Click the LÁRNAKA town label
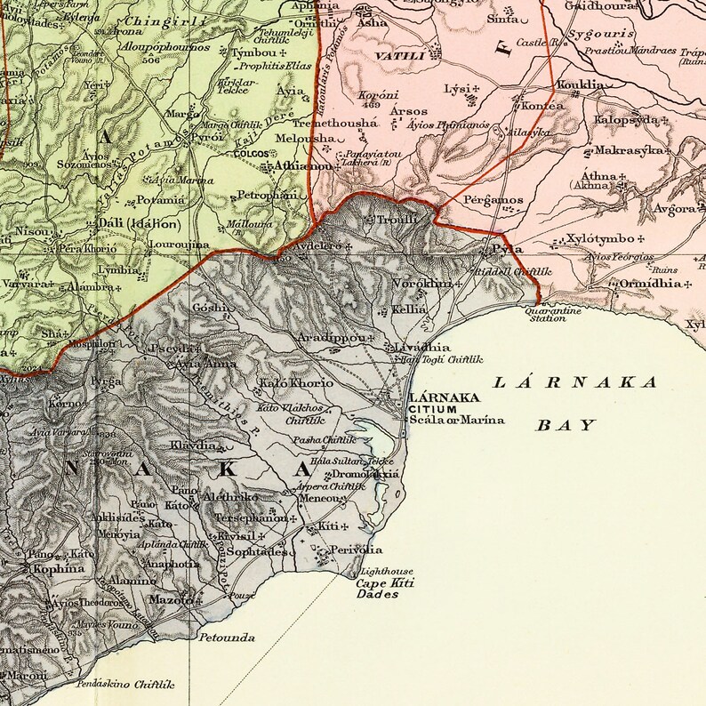pyautogui.click(x=441, y=397)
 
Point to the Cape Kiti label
pyautogui.click(x=385, y=583)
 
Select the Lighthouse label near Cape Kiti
pyautogui.click(x=388, y=571)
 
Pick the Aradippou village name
pyautogui.click(x=332, y=339)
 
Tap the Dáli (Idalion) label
pyautogui.click(x=133, y=224)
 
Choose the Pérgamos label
pyautogui.click(x=493, y=200)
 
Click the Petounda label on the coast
pyautogui.click(x=227, y=638)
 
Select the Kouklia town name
pyautogui.click(x=579, y=85)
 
